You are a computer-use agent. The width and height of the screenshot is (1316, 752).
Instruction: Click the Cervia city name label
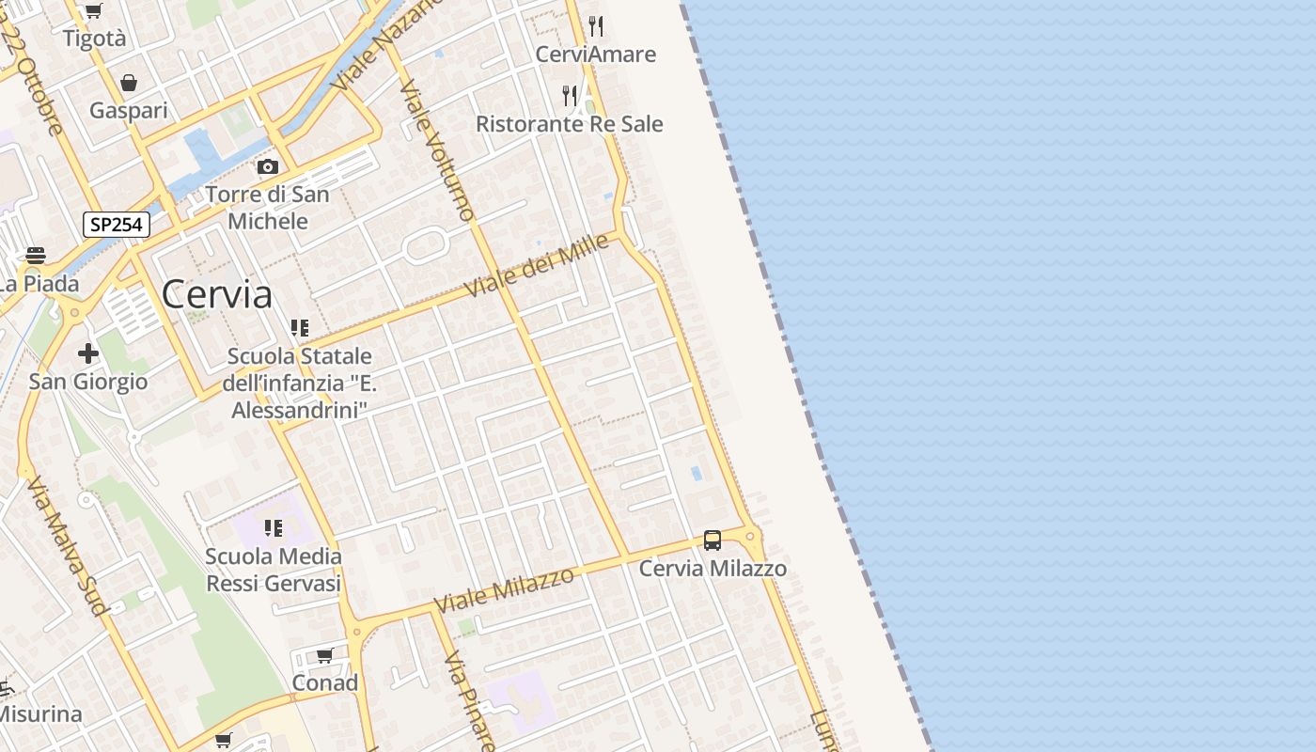[217, 295]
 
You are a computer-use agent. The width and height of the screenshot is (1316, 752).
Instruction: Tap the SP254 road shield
[117, 225]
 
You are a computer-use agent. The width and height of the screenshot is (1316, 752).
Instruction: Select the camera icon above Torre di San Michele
[268, 166]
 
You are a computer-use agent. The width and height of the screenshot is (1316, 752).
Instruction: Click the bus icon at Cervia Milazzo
[713, 540]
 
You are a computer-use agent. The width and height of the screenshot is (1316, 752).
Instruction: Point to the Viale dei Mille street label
[537, 266]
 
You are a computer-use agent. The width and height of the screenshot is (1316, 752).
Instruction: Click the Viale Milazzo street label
[504, 590]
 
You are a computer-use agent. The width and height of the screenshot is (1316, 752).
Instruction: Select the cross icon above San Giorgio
[88, 353]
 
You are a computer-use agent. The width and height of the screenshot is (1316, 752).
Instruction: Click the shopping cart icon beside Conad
[325, 655]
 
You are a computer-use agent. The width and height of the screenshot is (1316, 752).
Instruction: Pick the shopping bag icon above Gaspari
[129, 83]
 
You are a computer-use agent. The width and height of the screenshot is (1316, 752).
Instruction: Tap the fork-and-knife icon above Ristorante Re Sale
[570, 95]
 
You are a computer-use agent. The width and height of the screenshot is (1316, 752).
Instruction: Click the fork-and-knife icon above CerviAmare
[596, 25]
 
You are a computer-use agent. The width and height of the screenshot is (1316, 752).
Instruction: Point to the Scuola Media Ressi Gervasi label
[274, 570]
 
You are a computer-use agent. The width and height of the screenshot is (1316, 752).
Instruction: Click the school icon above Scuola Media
[274, 528]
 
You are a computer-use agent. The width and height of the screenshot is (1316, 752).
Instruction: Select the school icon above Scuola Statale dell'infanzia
[300, 328]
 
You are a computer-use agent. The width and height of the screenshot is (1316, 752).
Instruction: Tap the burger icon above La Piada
[36, 255]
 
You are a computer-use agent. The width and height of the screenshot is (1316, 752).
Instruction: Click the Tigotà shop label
[94, 39]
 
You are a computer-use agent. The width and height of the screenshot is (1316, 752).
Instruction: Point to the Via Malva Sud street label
[67, 546]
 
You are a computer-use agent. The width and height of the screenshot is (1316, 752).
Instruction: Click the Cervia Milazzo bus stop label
[713, 569]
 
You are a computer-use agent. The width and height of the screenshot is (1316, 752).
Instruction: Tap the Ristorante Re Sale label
[570, 124]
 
